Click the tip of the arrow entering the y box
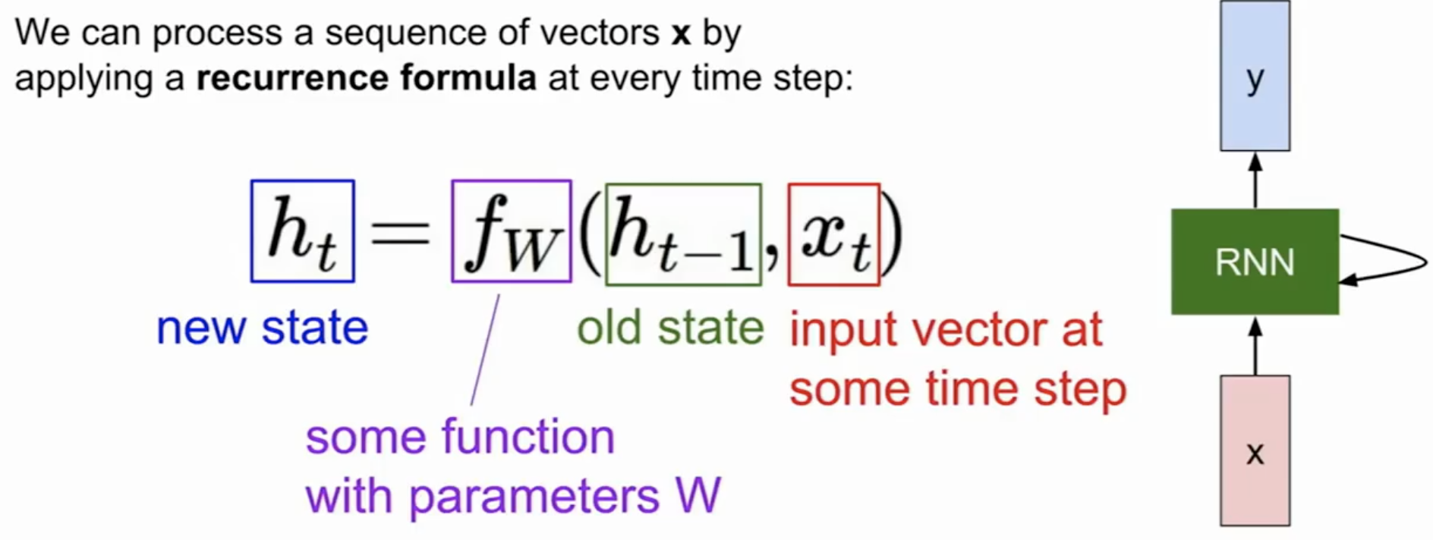pyautogui.click(x=1255, y=152)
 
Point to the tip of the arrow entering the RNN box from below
pyautogui.click(x=1255, y=316)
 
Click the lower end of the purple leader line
pyautogui.click(x=471, y=405)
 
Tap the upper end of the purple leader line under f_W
pyautogui.click(x=499, y=295)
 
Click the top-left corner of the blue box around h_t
pyautogui.click(x=251, y=181)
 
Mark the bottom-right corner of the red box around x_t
pyautogui.click(x=880, y=285)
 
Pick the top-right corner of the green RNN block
pyautogui.click(x=1339, y=209)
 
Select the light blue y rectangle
pyautogui.click(x=1255, y=75)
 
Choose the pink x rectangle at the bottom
pyautogui.click(x=1255, y=451)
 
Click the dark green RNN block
pyautogui.click(x=1255, y=262)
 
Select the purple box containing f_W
pyautogui.click(x=512, y=231)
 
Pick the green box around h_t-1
pyautogui.click(x=683, y=234)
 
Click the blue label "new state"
pyautogui.click(x=262, y=328)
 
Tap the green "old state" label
pyautogui.click(x=670, y=328)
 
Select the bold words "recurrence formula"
pyautogui.click(x=367, y=78)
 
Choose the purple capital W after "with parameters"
pyautogui.click(x=697, y=497)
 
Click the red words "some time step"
pyautogui.click(x=958, y=390)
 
